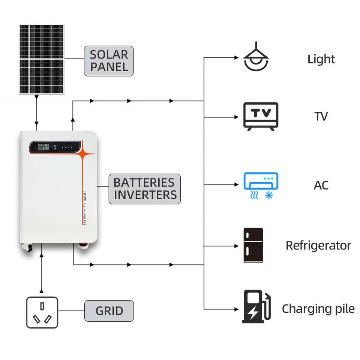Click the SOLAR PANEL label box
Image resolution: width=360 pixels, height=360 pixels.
click(109, 61)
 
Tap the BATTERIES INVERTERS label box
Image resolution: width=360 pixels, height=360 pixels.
click(145, 189)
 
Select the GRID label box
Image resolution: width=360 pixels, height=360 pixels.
click(109, 311)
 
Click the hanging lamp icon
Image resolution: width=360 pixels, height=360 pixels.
click(256, 57)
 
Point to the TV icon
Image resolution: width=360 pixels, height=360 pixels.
click(261, 116)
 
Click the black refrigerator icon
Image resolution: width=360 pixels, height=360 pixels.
click(253, 245)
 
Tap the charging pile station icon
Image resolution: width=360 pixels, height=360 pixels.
click(256, 306)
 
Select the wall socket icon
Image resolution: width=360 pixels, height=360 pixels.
click(42, 312)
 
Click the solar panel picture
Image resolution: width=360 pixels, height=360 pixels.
click(42, 59)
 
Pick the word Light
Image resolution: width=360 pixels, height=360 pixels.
click(321, 59)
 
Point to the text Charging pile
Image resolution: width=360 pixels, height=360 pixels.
click(318, 309)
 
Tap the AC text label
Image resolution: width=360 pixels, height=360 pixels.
click(321, 185)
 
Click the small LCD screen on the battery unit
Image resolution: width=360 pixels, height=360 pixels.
click(43, 147)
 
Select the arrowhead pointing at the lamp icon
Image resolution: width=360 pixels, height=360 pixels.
click(237, 58)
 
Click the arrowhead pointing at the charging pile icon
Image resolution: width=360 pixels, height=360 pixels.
click(237, 309)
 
